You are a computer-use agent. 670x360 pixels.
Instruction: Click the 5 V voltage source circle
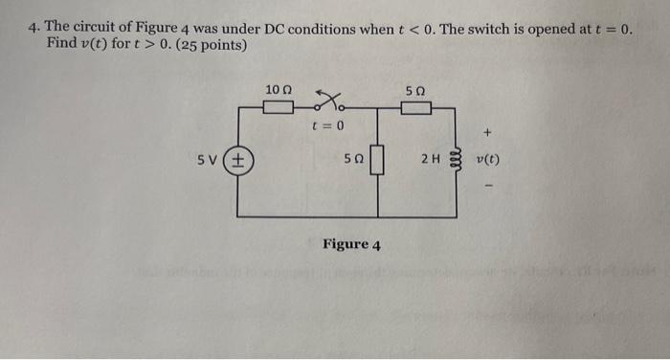pyautogui.click(x=237, y=162)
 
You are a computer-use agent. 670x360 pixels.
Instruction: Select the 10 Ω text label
pyautogui.click(x=275, y=89)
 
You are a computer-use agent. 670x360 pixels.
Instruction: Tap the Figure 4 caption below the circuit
pyautogui.click(x=351, y=245)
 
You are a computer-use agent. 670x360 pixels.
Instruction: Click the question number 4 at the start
pyautogui.click(x=32, y=29)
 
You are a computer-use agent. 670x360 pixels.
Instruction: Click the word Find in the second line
pyautogui.click(x=60, y=46)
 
